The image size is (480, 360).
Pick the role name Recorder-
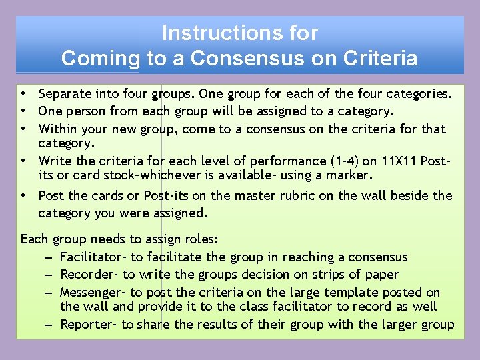89,275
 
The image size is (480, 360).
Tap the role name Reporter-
88,325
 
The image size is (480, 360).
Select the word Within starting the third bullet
57,129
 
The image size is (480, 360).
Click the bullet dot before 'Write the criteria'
23,161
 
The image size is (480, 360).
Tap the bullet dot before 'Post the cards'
23,196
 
